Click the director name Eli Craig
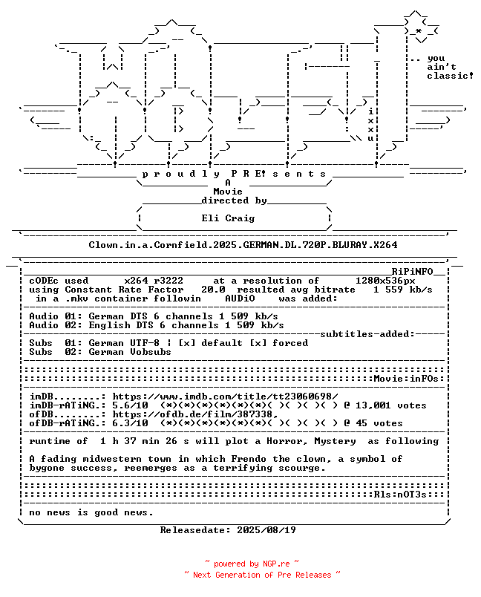click(228, 218)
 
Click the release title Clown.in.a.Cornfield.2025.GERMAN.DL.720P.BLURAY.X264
click(243, 245)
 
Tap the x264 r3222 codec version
click(154, 281)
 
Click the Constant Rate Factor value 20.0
click(213, 290)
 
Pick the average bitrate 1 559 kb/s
click(402, 290)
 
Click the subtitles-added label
click(367, 334)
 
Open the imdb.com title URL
click(225, 397)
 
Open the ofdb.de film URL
click(194, 414)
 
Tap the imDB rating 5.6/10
click(130, 405)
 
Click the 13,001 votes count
click(390, 405)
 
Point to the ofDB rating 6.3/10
click(130, 423)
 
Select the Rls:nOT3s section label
click(400, 495)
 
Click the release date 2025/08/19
click(266, 530)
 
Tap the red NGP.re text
click(276, 564)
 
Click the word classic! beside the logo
click(450, 76)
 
